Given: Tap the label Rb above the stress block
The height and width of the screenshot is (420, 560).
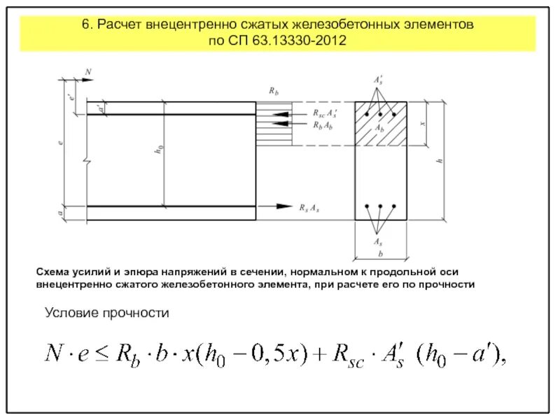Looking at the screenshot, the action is click(x=274, y=92).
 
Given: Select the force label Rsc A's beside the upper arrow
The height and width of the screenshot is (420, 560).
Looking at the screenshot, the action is click(x=323, y=112).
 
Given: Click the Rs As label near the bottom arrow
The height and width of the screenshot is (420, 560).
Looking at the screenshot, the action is click(x=309, y=207).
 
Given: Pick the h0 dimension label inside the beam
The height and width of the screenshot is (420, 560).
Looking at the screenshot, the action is click(x=160, y=148).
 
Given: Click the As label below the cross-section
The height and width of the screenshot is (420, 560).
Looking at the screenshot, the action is click(x=379, y=240).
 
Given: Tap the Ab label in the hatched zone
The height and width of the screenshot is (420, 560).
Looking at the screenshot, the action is click(x=379, y=128).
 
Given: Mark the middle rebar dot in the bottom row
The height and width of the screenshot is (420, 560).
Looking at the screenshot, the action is click(x=379, y=207).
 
